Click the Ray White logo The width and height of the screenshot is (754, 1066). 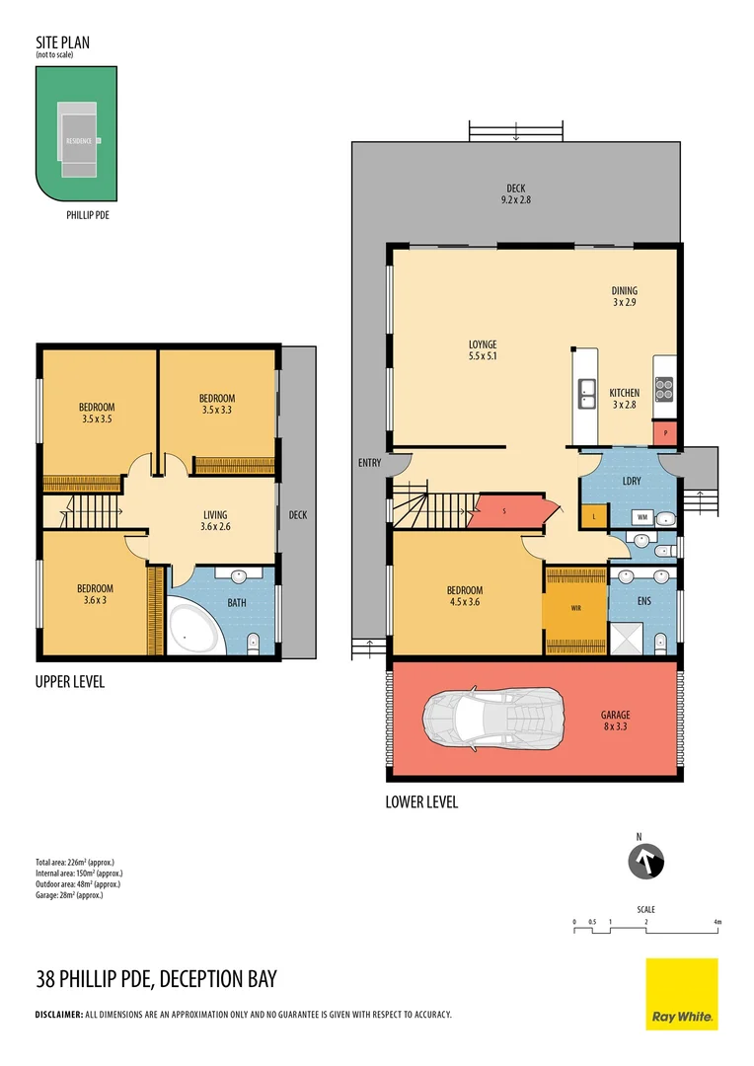tap(682, 994)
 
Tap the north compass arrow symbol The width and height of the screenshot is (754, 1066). tap(647, 862)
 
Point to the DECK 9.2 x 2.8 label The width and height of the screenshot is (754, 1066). tap(516, 193)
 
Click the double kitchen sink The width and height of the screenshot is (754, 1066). tap(586, 393)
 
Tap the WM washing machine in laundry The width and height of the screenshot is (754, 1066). tap(641, 516)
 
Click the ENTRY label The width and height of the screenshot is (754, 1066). tap(370, 462)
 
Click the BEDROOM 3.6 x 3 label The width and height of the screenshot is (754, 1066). tap(96, 595)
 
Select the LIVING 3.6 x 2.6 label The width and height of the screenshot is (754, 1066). tap(215, 520)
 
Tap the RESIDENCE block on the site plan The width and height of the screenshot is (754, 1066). tap(79, 140)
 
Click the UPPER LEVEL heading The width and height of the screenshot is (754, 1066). tap(70, 682)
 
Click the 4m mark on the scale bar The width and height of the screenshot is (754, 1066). tap(717, 922)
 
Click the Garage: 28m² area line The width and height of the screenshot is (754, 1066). tap(69, 895)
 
